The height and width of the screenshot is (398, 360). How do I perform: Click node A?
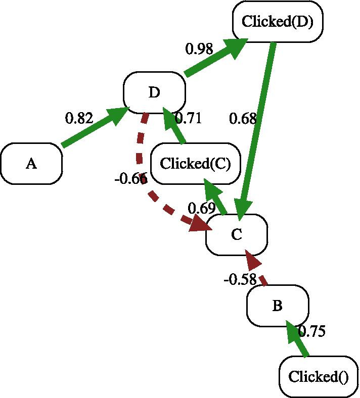pos(31,164)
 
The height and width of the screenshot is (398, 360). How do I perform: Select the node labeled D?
pos(154,92)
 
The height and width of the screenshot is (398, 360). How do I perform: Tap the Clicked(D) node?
pos(278,22)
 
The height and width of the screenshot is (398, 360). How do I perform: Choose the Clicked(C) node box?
pos(195,164)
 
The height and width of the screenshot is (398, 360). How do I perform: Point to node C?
pos(236,234)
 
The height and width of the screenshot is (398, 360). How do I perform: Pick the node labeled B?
pos(277,306)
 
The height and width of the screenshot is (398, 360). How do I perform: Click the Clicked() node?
pos(319,377)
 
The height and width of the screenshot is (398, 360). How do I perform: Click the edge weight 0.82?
pos(79,119)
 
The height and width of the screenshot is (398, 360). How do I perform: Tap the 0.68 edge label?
pos(243,119)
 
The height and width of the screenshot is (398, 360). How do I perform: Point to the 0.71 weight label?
pos(188,119)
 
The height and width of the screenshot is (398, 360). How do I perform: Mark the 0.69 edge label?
pos(202,208)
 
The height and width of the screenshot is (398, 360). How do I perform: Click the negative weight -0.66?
pos(131,179)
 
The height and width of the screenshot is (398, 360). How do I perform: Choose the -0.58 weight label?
pos(240,280)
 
